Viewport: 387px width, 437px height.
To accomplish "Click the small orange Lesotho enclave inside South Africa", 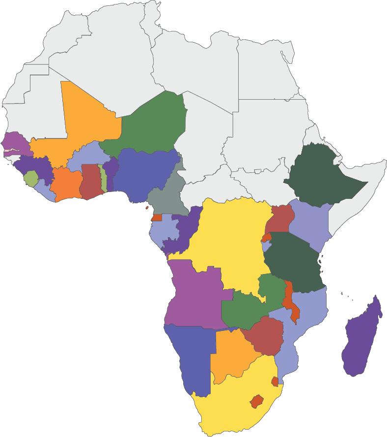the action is (256, 401).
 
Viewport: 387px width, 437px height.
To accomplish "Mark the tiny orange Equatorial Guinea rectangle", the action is (157, 218).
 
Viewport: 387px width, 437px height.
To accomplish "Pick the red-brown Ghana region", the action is (91, 182).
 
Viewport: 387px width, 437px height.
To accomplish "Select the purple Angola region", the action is (194, 295).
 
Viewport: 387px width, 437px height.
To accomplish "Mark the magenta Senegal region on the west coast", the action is (15, 142).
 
